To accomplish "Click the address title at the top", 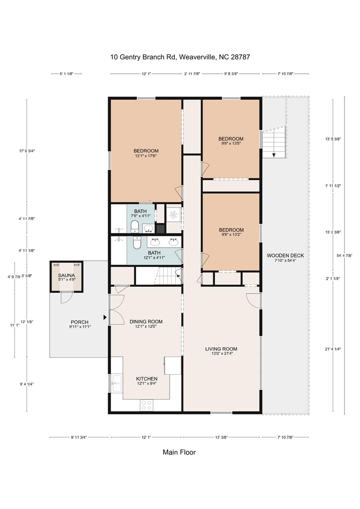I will coord(180,57).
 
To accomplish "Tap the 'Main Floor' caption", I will coord(179,452).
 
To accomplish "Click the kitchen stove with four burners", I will coord(146,405).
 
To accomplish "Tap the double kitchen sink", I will coord(117,384).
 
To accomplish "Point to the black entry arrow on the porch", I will coord(105,317).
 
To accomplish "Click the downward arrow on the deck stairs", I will coord(274,154).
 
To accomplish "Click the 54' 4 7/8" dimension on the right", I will coord(344,255).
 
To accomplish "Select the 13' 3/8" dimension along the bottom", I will coord(221,437).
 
